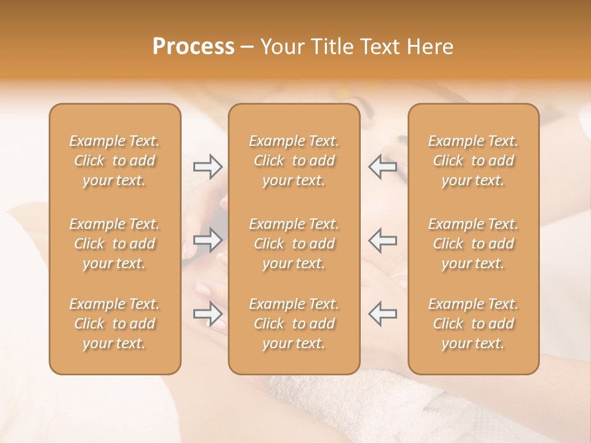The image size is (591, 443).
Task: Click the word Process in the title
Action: (x=193, y=47)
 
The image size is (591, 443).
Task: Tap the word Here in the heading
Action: (x=431, y=47)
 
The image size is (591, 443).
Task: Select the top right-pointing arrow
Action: (x=207, y=166)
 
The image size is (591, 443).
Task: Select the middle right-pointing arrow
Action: (x=207, y=240)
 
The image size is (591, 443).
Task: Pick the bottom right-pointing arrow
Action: (x=207, y=314)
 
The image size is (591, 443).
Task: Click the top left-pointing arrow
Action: (x=382, y=166)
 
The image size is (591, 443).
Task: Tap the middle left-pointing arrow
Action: (x=382, y=240)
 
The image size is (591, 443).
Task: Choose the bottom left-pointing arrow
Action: (x=382, y=314)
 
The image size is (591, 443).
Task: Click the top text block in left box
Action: (x=115, y=161)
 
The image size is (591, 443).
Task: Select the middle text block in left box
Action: (x=115, y=244)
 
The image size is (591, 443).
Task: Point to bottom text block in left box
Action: (x=115, y=324)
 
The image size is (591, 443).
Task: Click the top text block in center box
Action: (x=294, y=161)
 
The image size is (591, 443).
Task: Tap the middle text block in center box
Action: (x=294, y=244)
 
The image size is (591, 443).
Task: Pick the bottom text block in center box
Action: (x=294, y=324)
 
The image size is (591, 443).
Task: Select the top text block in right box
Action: (x=473, y=161)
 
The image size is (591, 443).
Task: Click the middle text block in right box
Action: (x=473, y=244)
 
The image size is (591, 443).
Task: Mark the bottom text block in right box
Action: (x=473, y=324)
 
